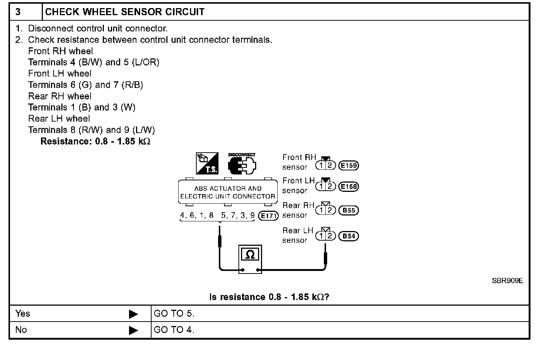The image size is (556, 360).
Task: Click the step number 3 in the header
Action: click(x=18, y=12)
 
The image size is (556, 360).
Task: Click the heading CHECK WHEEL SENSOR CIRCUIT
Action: click(x=125, y=12)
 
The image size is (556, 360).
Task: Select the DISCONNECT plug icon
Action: click(x=242, y=164)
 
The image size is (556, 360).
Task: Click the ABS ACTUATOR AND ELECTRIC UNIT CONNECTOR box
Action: click(x=228, y=192)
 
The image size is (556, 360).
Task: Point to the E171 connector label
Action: click(x=268, y=216)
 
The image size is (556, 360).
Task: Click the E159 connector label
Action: click(x=349, y=166)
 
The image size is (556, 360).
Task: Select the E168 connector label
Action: click(x=349, y=187)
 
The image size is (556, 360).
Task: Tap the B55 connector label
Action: click(x=349, y=211)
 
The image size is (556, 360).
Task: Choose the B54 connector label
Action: click(x=349, y=236)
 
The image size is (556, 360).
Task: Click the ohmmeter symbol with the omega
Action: click(x=250, y=258)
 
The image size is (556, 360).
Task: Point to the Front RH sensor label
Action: click(x=299, y=162)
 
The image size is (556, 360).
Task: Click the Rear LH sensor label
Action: click(x=298, y=235)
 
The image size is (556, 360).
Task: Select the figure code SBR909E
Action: click(x=507, y=281)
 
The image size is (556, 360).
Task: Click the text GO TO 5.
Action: click(x=174, y=314)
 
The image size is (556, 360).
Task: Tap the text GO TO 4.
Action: click(x=174, y=330)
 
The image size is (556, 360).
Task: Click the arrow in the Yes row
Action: click(x=133, y=314)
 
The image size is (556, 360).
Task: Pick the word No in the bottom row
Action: click(x=21, y=330)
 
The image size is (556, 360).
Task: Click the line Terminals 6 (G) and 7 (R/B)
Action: click(x=85, y=85)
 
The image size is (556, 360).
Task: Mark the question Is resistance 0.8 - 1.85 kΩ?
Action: click(x=269, y=297)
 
